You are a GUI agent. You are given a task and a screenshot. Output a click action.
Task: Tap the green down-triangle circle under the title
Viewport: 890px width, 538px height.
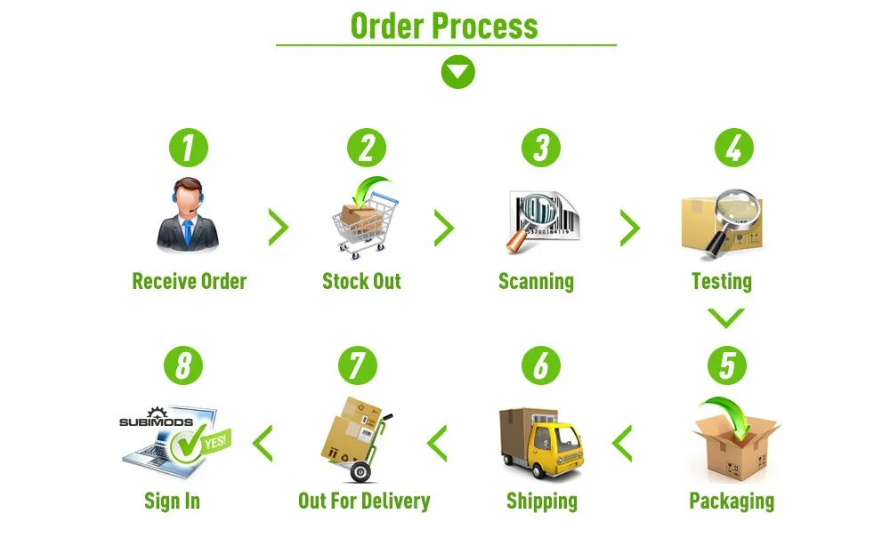point(458,72)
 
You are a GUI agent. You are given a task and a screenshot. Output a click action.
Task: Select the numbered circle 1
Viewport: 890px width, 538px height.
point(188,148)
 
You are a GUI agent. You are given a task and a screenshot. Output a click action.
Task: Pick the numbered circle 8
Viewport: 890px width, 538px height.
point(183,365)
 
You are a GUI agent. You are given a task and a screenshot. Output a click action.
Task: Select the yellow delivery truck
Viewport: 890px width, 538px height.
point(542,442)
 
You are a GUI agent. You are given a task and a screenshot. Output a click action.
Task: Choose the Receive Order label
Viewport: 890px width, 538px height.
point(189,282)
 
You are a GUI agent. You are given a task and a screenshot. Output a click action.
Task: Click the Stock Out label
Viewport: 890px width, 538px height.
point(361,282)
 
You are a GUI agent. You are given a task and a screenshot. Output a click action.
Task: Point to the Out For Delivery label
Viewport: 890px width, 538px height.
point(364,501)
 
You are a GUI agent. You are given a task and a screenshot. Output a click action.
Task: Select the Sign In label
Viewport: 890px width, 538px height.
point(172,501)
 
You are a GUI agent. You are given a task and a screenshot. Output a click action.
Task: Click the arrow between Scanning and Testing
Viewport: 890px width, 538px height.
point(630,229)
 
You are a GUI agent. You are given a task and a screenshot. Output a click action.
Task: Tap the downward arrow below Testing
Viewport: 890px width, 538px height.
point(726,317)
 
